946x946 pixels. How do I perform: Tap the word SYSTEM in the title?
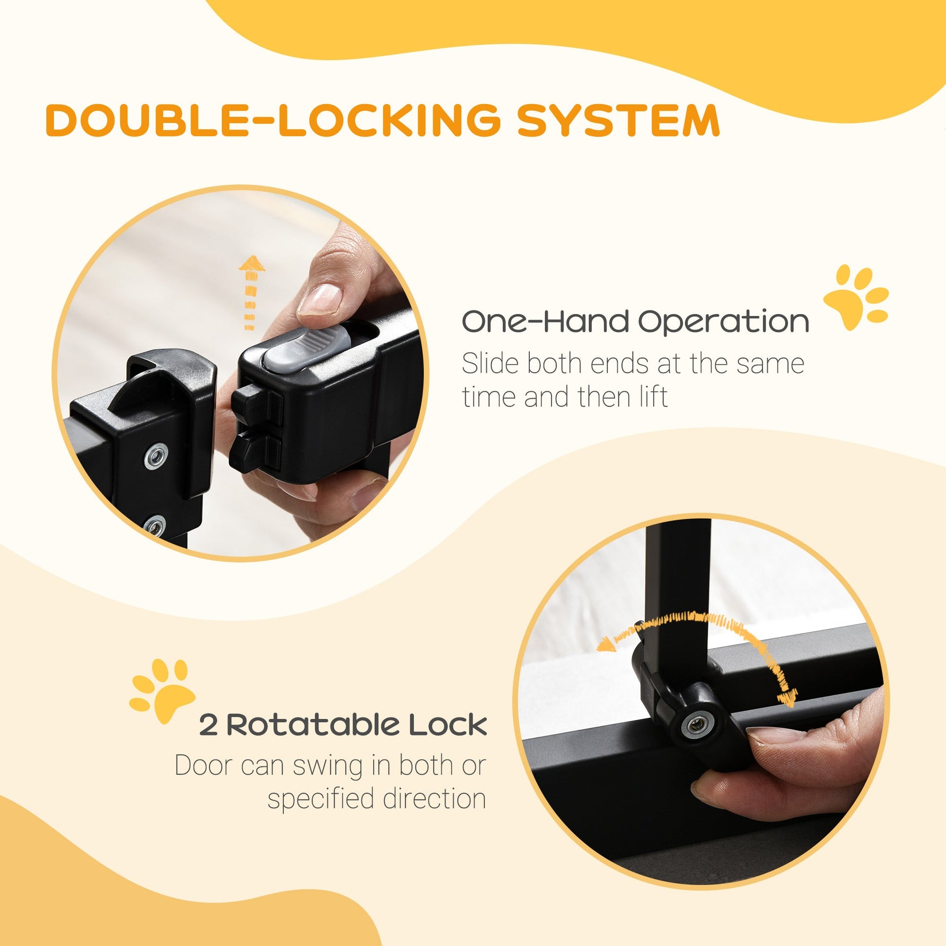618,120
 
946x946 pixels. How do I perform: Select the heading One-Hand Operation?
635,322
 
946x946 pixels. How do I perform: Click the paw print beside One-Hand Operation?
854,297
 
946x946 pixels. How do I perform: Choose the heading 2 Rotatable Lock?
343,725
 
